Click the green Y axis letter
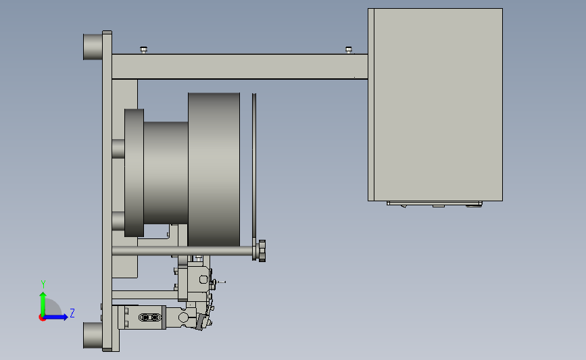43,284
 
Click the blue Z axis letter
72,313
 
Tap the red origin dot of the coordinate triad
42,318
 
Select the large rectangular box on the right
435,105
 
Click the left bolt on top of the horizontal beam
143,50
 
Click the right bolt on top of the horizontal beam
349,50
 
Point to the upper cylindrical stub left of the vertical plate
93,47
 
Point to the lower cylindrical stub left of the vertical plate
93,336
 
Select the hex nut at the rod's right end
262,251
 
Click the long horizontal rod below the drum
182,251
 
